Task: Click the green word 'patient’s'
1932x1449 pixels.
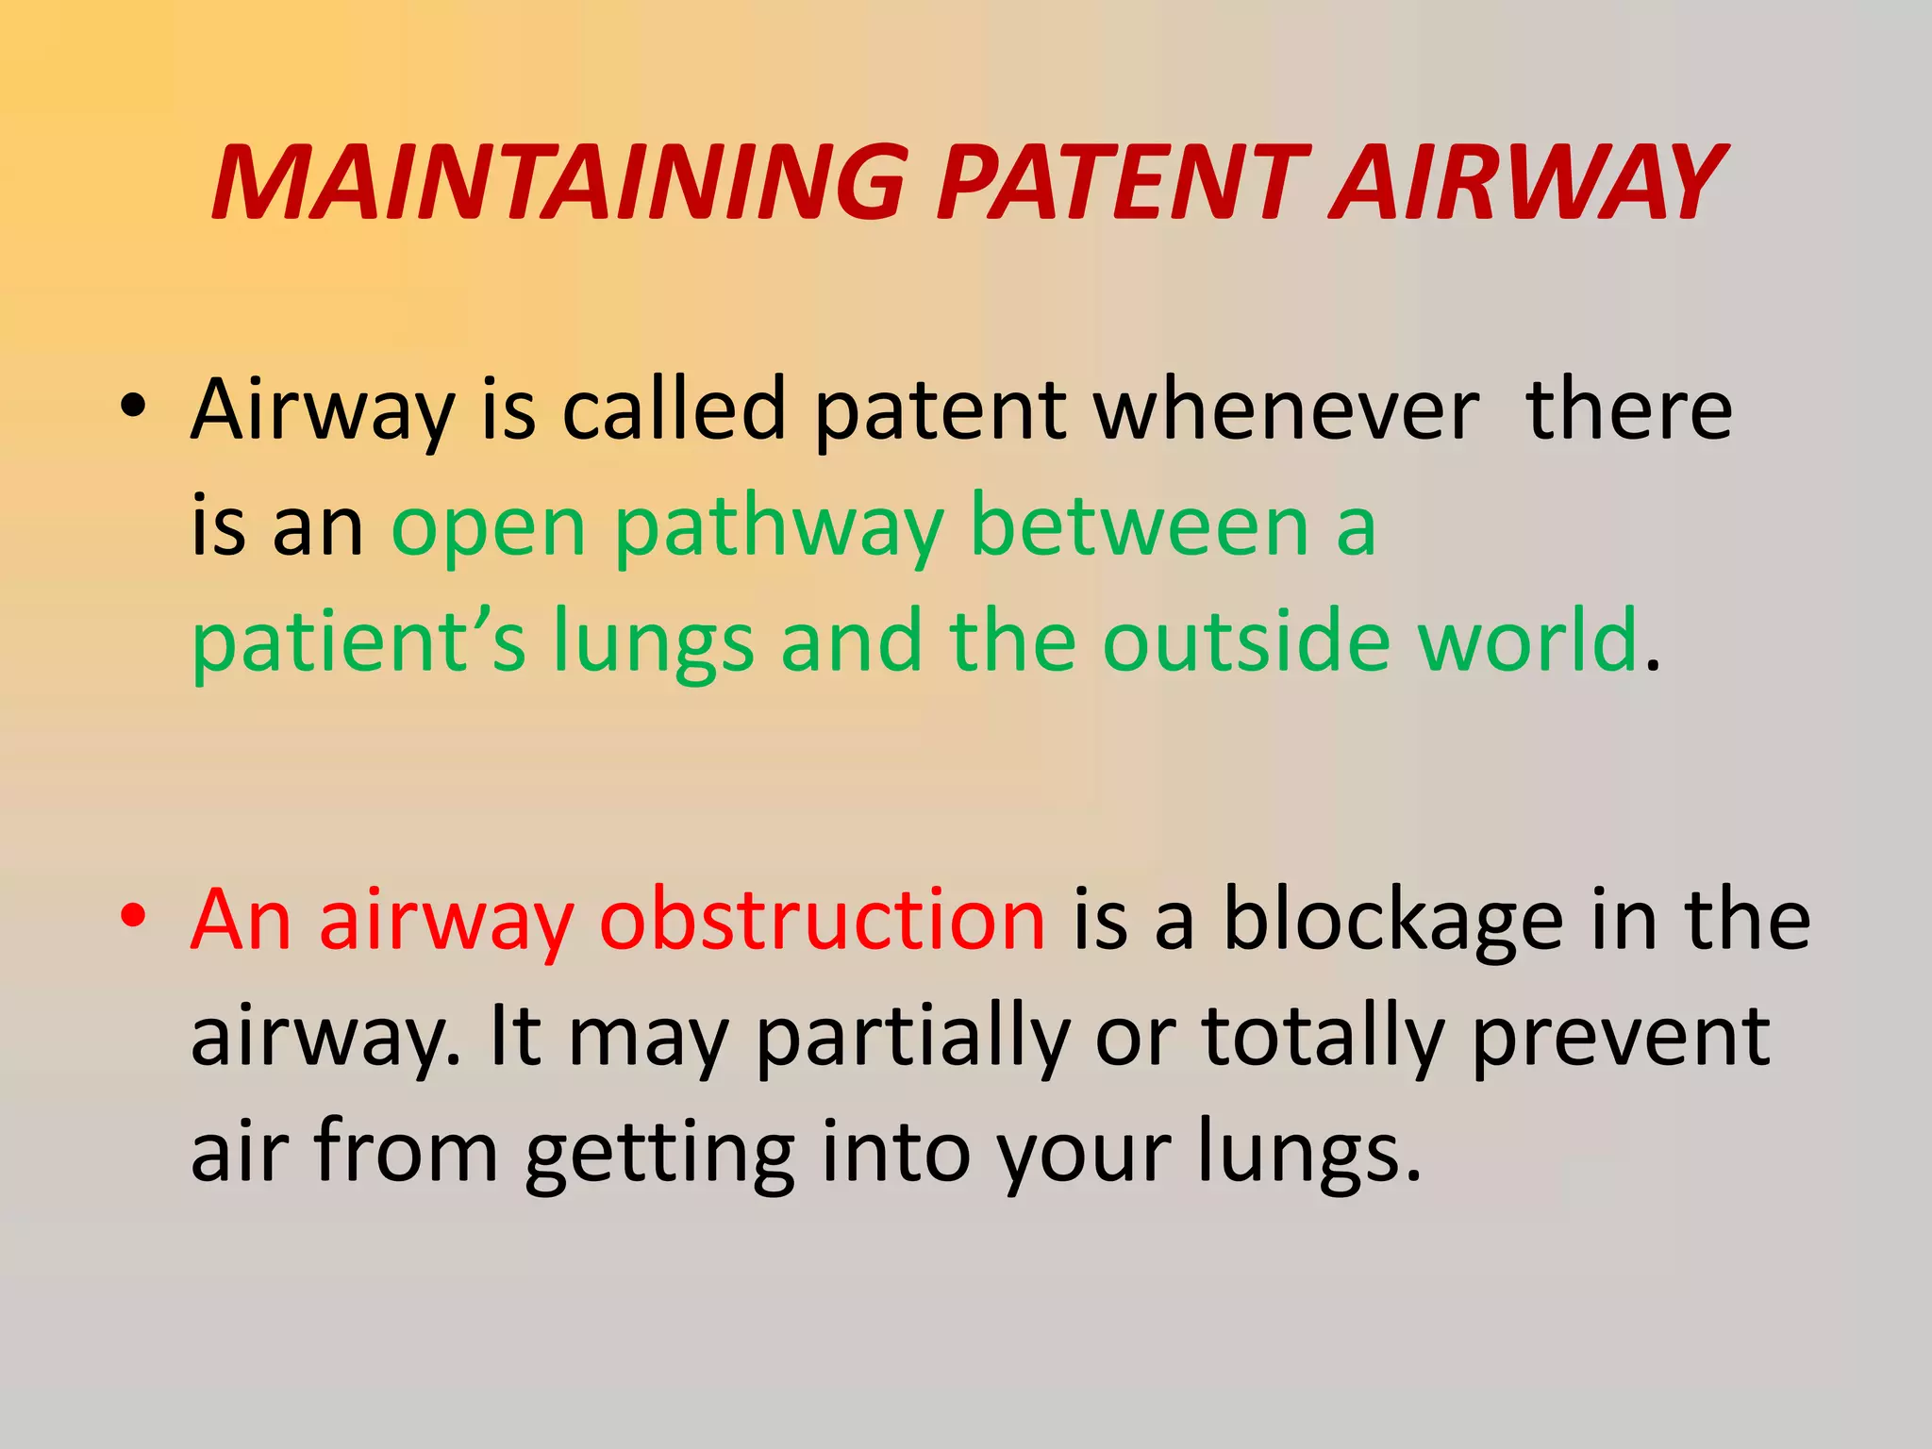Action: coord(358,643)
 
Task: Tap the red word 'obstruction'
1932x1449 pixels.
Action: coord(823,919)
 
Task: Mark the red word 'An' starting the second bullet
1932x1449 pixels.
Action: coord(241,919)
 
